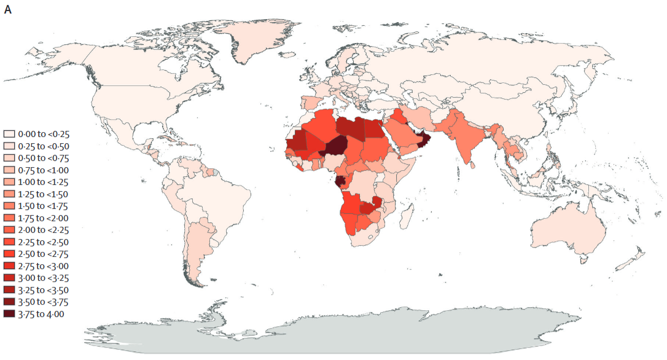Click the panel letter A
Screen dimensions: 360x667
click(x=7, y=9)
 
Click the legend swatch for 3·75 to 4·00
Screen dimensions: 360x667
click(x=9, y=314)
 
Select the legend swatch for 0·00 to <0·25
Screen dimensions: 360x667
click(x=9, y=133)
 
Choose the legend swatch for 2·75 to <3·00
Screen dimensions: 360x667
click(x=9, y=266)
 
